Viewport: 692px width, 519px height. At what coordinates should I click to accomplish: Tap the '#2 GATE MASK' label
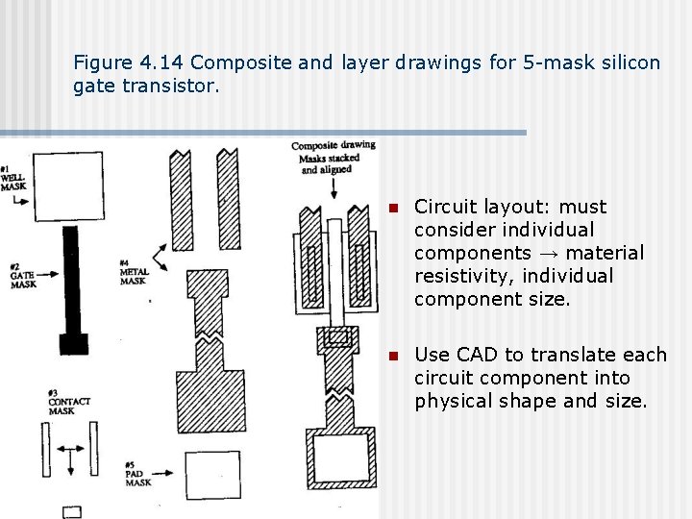[21, 276]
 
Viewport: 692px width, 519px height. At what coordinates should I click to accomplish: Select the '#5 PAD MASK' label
[137, 475]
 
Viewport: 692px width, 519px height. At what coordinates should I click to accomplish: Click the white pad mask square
[212, 474]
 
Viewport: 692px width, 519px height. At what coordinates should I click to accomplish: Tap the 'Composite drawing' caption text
[333, 146]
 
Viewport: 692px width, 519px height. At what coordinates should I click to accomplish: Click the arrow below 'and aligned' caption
[334, 192]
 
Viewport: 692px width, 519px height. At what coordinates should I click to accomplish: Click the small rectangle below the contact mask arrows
[72, 511]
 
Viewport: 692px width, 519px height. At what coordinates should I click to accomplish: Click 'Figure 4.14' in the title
[129, 63]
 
